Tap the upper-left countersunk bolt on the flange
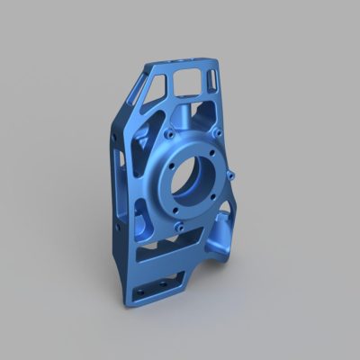click(x=169, y=133)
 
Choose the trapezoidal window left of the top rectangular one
click(x=159, y=86)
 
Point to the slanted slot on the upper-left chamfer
click(x=135, y=91)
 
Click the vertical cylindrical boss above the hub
click(x=186, y=115)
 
